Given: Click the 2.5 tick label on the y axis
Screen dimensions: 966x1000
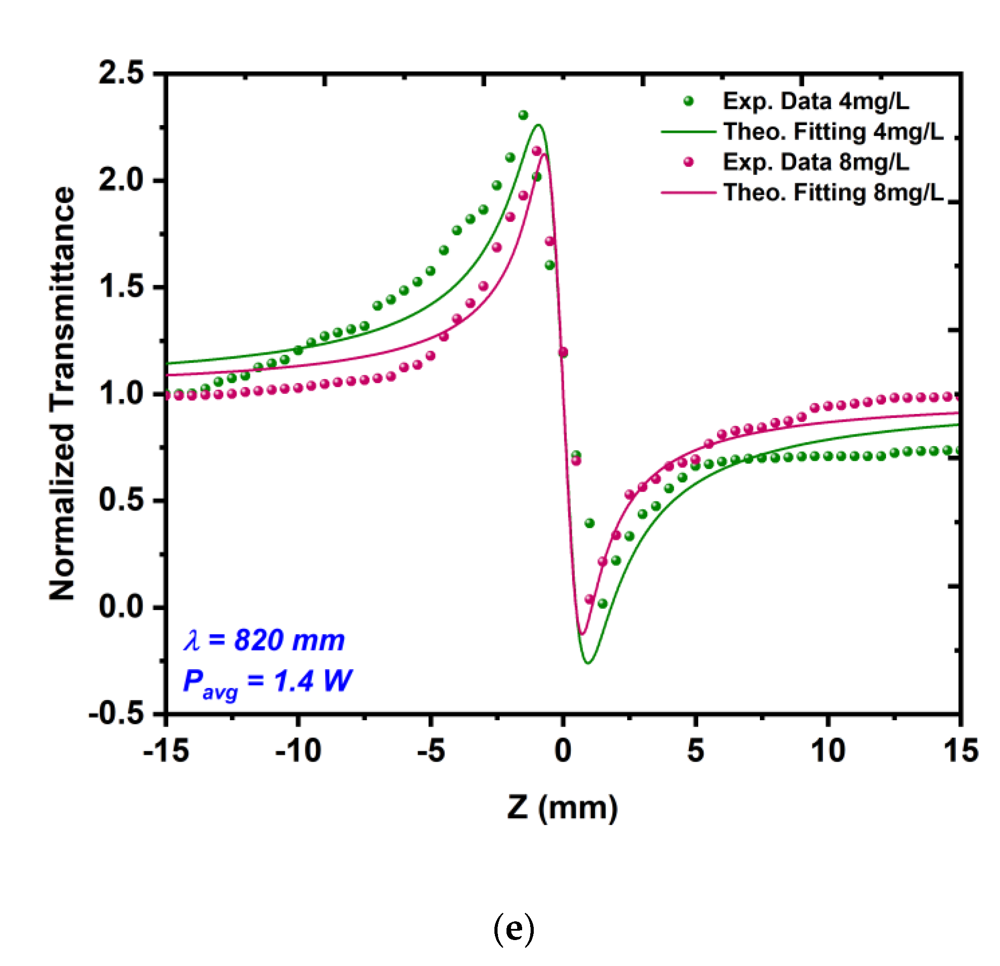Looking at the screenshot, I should point(122,73).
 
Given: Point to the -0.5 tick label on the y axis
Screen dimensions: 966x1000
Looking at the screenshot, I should point(116,713).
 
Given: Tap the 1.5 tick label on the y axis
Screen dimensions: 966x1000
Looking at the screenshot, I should point(122,286).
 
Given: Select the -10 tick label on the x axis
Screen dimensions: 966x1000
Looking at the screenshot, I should point(298,751).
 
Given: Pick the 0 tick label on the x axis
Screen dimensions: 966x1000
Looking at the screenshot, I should point(563,751).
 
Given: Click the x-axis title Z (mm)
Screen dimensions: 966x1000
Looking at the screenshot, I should point(562,808).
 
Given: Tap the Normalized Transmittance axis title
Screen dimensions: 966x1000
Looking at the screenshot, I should point(62,393).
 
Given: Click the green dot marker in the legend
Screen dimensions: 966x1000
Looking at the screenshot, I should point(688,101).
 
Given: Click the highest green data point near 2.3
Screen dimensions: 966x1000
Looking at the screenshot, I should point(523,115).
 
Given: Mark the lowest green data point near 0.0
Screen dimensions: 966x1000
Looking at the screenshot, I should point(603,603).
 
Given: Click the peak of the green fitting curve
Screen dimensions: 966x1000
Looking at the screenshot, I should point(539,125).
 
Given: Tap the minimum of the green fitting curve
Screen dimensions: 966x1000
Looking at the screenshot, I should point(588,663).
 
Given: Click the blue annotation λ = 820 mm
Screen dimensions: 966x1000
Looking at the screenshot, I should point(264,640).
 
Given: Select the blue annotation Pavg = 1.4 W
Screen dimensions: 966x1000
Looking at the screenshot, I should point(267,681).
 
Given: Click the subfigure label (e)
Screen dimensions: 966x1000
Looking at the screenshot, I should point(514,928).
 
